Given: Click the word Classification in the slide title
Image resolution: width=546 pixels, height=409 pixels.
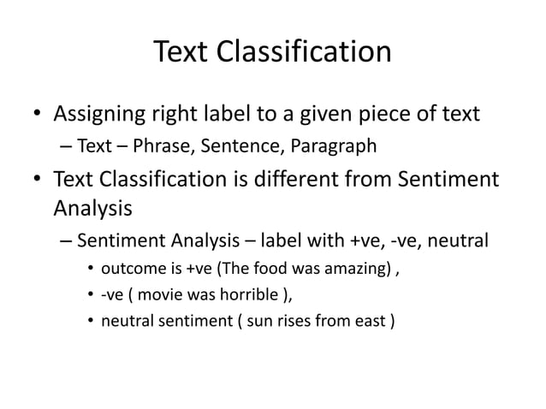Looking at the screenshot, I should coord(302,53).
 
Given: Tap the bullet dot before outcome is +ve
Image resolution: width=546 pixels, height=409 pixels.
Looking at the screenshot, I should coord(91,271).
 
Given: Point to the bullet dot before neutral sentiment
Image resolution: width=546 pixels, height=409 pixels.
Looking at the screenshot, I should coord(91,324).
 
